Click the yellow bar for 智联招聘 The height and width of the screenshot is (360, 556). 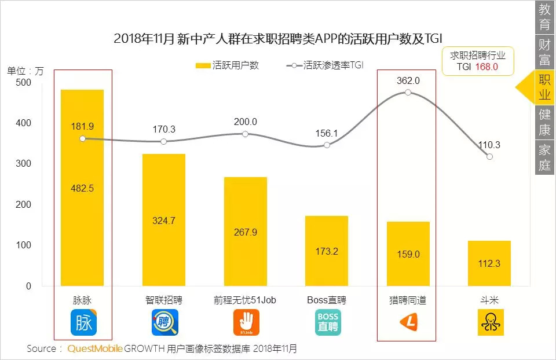click(x=164, y=220)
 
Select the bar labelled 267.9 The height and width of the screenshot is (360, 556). click(x=246, y=232)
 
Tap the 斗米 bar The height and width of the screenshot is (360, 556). click(x=489, y=263)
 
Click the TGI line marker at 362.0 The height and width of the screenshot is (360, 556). click(x=408, y=93)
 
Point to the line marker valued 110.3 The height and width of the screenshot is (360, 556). click(x=489, y=157)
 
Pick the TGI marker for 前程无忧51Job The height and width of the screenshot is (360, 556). click(x=246, y=134)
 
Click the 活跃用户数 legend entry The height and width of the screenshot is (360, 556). click(x=228, y=65)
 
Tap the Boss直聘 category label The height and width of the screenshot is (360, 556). click(x=327, y=300)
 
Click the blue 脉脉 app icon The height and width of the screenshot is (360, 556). click(x=83, y=323)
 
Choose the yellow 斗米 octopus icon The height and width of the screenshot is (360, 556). click(x=490, y=322)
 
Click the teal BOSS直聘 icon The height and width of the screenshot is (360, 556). click(x=327, y=323)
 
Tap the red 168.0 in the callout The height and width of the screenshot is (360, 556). click(x=487, y=67)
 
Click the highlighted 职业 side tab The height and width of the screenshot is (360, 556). click(x=544, y=87)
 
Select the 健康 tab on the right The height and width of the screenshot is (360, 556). click(x=544, y=122)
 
